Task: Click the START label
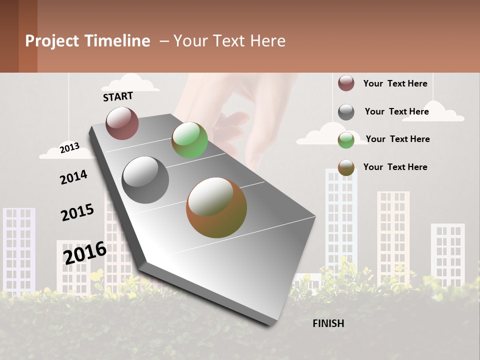click(118, 96)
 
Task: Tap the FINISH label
click(328, 323)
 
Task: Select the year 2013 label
click(69, 147)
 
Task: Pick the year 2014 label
click(73, 177)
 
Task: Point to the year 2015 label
click(77, 212)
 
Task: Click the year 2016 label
click(85, 252)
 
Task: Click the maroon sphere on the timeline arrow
click(122, 123)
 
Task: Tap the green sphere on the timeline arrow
click(189, 140)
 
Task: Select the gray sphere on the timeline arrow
click(145, 179)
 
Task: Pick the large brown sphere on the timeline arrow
click(216, 207)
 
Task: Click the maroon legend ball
click(346, 83)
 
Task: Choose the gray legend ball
click(346, 112)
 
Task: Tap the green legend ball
click(346, 140)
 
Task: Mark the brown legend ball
click(346, 167)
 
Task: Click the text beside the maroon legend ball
click(395, 83)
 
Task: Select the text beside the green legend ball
click(397, 139)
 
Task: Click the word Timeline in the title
click(117, 41)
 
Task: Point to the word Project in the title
click(52, 41)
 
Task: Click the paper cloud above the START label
click(132, 83)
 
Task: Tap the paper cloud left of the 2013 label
click(52, 152)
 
